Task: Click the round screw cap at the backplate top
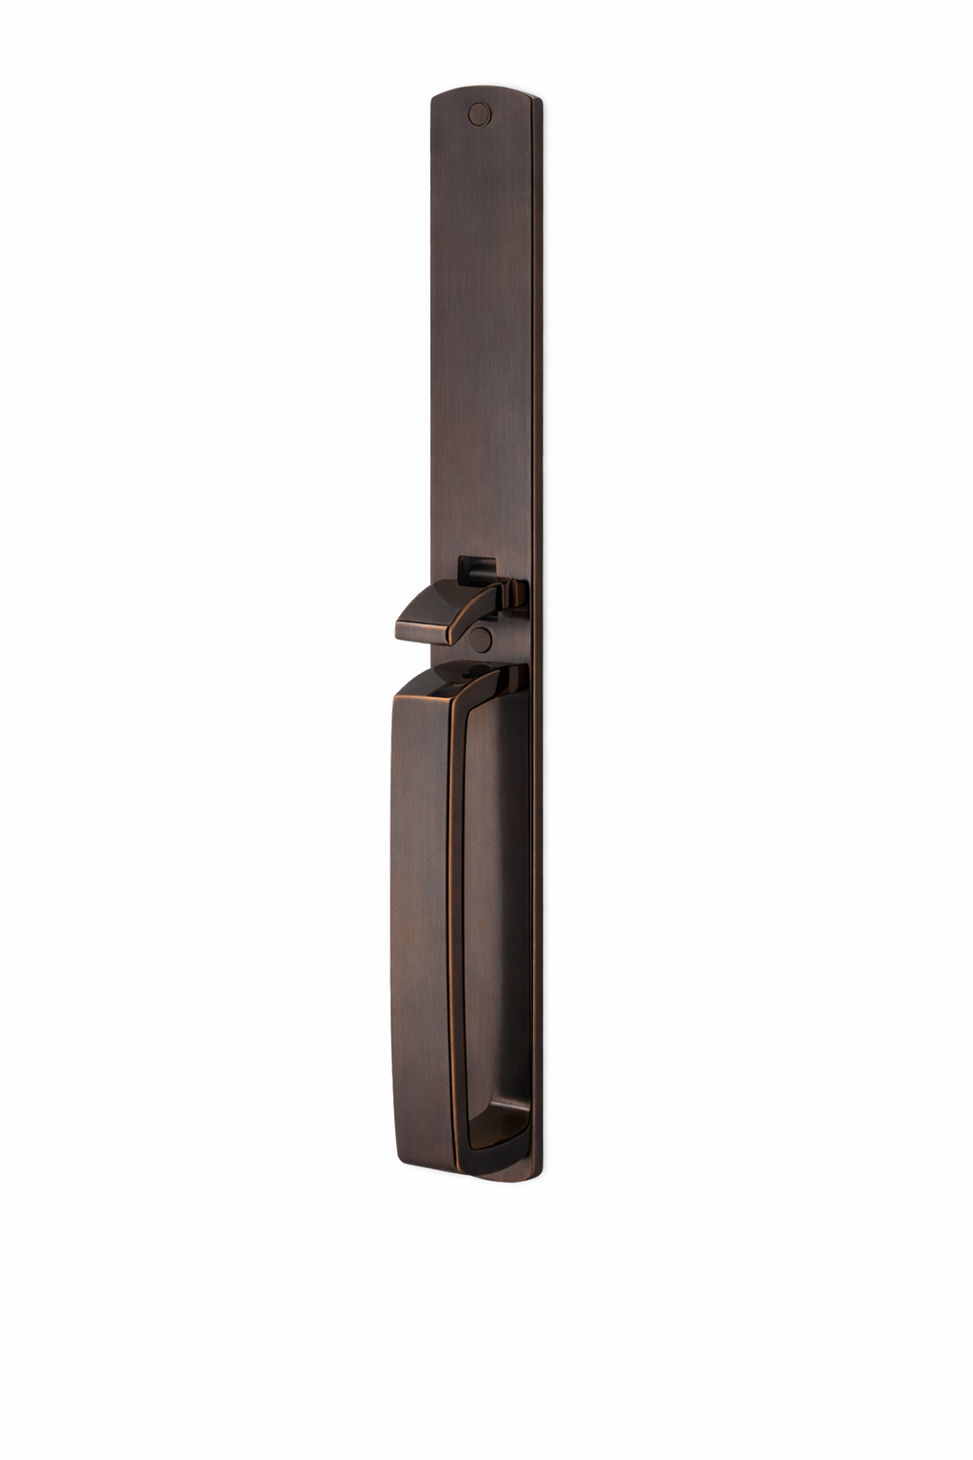pos(480,114)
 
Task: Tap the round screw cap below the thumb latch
pos(481,640)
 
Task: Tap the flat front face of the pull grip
pos(418,912)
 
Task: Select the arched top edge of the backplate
pos(485,90)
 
